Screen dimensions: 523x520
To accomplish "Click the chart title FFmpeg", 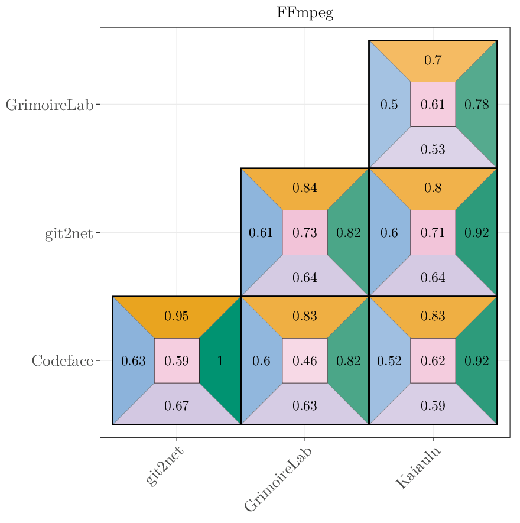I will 305,13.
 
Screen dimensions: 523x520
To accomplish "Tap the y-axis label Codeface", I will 62,360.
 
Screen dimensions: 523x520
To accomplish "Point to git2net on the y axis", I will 69,233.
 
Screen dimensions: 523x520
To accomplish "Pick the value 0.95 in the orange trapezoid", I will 177,316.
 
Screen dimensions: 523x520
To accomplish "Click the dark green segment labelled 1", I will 220,360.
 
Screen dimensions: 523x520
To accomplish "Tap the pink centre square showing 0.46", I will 305,360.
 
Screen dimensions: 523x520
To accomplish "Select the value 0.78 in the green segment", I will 476,105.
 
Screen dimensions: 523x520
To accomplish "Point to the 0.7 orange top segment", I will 433,60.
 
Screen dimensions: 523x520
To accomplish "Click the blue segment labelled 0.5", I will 389,105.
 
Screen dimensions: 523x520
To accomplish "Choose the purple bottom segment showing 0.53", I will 433,150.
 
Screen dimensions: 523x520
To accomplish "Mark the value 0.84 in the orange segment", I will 305,189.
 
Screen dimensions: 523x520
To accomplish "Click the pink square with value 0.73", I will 305,232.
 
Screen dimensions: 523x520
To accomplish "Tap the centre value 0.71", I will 433,232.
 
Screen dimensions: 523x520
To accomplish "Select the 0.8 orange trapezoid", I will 433,189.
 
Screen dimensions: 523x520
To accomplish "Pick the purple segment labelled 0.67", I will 177,406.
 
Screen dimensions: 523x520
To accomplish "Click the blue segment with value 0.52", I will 389,360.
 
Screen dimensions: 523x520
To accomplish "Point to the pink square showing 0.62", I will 433,360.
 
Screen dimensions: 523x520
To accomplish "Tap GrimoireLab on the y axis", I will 50,105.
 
